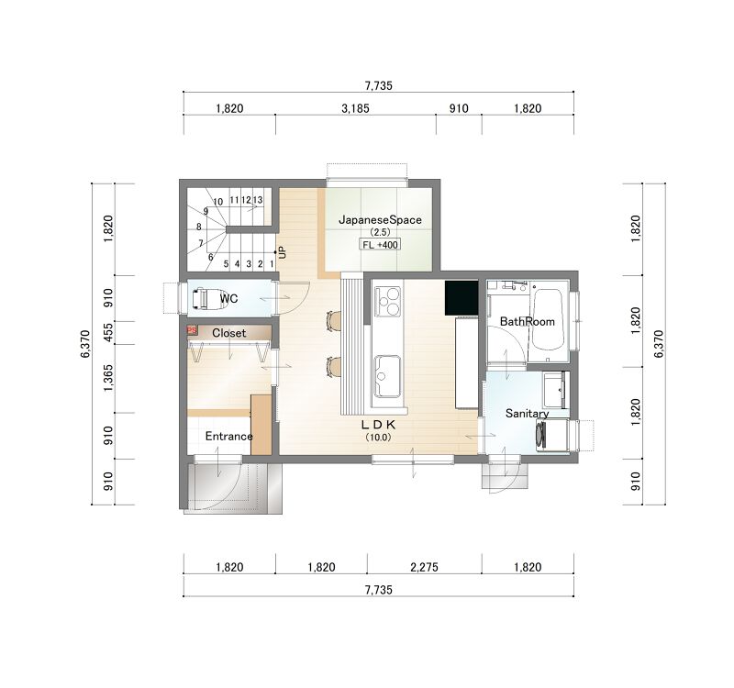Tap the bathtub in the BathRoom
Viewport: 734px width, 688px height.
click(547, 319)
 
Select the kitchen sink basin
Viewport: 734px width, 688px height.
click(387, 375)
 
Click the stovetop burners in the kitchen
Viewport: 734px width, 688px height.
click(387, 302)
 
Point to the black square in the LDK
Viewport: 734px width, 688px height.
click(462, 297)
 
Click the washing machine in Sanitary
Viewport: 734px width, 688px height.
click(552, 435)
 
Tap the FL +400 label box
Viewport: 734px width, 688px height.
click(380, 244)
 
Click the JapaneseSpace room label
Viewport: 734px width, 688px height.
click(380, 220)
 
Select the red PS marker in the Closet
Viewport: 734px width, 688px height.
click(192, 330)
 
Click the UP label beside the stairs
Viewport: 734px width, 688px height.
click(282, 253)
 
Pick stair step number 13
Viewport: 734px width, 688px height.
click(258, 200)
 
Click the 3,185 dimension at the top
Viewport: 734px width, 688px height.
click(355, 108)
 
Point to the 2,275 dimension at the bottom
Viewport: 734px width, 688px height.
click(424, 567)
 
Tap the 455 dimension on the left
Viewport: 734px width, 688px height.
click(108, 332)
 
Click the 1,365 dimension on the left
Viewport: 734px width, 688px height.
click(108, 378)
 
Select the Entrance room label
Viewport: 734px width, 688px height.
click(228, 437)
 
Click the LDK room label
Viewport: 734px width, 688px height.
click(378, 425)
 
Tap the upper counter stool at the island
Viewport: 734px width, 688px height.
click(333, 321)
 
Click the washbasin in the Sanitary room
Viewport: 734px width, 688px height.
click(555, 390)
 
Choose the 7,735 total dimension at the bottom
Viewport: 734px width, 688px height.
click(378, 590)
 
